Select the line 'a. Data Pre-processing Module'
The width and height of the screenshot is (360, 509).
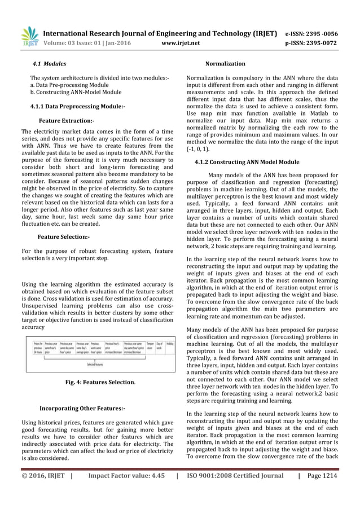(x=69, y=84)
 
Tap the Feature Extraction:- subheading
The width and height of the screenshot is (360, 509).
(x=67, y=121)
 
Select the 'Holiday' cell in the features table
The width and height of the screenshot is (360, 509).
(x=169, y=344)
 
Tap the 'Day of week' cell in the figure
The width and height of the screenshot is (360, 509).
(x=160, y=345)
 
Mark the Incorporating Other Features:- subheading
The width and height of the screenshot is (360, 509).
(x=82, y=408)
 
